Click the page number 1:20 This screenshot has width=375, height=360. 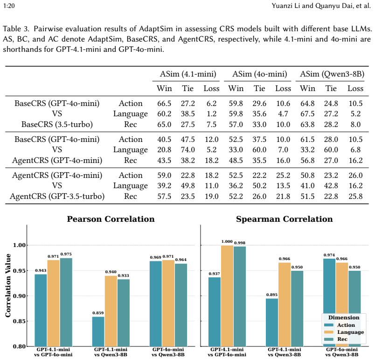pyautogui.click(x=9, y=6)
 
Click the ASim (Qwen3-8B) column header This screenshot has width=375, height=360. pyautogui.click(x=332, y=74)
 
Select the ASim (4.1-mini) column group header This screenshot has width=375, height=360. pyautogui.click(x=188, y=74)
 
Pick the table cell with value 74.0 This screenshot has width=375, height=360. pyautogui.click(x=188, y=149)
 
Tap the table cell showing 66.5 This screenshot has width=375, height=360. pyautogui.click(x=164, y=103)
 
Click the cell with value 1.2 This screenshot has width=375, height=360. pyautogui.click(x=211, y=114)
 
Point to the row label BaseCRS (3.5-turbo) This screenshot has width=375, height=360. pyautogui.click(x=57, y=125)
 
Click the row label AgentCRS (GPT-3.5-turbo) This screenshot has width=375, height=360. pyautogui.click(x=57, y=196)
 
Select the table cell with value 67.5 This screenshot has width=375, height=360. pyautogui.click(x=307, y=114)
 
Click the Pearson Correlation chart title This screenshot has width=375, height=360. pyautogui.click(x=111, y=219)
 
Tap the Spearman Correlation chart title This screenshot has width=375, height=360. pyautogui.click(x=285, y=219)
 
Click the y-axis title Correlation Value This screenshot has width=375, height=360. pyautogui.click(x=8, y=286)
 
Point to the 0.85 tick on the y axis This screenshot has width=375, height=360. pyautogui.click(x=19, y=321)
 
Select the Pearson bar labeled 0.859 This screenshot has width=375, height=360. pyautogui.click(x=98, y=332)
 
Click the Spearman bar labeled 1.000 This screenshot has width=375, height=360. pyautogui.click(x=227, y=296)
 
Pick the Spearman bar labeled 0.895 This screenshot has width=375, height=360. pyautogui.click(x=272, y=323)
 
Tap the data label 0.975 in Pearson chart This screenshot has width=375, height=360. pyautogui.click(x=66, y=254)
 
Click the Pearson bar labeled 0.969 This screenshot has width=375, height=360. pyautogui.click(x=156, y=304)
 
